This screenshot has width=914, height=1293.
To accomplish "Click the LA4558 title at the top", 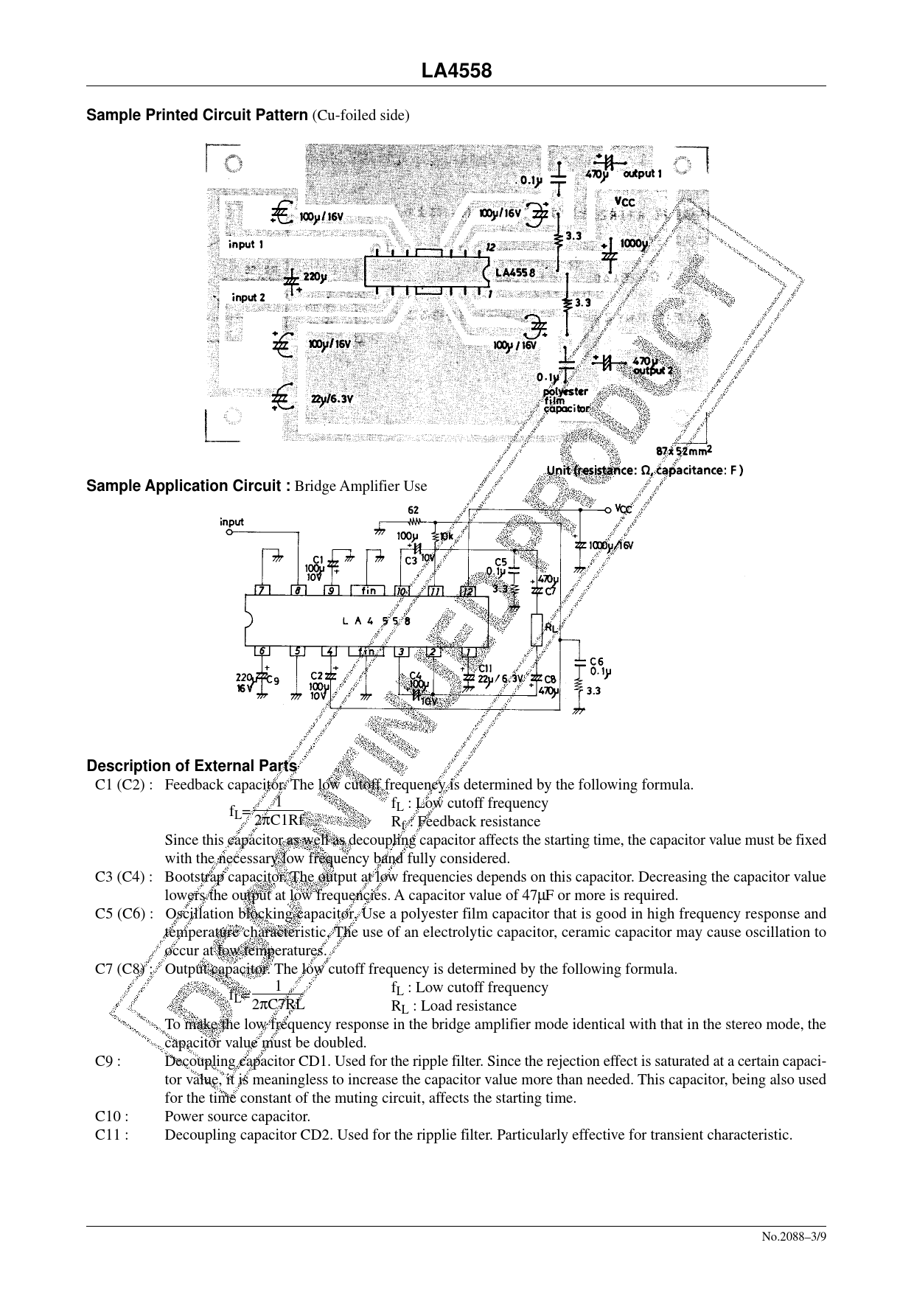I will (x=456, y=71).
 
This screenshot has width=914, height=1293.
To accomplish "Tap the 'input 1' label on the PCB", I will (x=246, y=244).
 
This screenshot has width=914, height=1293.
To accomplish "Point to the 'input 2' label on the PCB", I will (x=248, y=297).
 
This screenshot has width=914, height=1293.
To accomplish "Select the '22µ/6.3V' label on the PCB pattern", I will (x=332, y=399).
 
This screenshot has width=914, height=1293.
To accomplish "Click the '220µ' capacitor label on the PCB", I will (x=314, y=277).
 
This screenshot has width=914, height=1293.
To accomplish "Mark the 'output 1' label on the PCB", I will (x=643, y=174).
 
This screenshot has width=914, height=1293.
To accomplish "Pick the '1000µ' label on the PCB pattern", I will (x=634, y=243).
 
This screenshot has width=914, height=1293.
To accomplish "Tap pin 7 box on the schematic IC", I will (x=260, y=590).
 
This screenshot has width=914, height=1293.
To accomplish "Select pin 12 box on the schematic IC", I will (x=467, y=590).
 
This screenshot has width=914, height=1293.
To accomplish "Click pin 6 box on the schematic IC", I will (x=261, y=651).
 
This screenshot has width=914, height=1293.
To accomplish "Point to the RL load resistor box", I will (x=537, y=630).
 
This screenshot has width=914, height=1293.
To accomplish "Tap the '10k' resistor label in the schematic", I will (x=446, y=536).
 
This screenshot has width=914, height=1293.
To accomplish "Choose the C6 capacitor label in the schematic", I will (x=596, y=661).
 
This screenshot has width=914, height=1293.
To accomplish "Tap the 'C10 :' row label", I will (x=112, y=1116).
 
